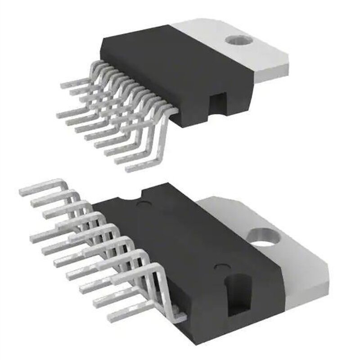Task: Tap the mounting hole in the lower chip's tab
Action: (263, 237)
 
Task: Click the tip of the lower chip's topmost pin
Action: (22, 191)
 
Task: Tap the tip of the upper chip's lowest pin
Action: (128, 170)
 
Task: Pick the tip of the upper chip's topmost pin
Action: (63, 84)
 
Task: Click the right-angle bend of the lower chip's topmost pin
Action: (61, 184)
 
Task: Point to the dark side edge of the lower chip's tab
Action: (310, 292)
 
